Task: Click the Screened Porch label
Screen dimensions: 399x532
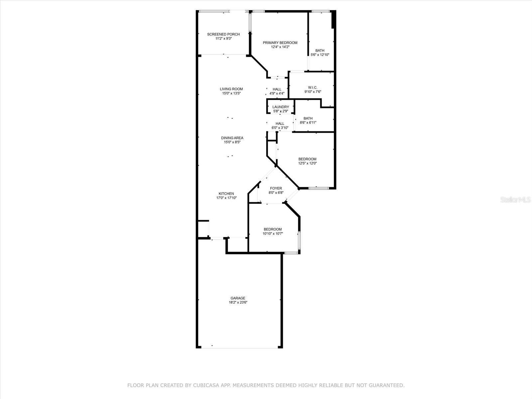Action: [223, 34]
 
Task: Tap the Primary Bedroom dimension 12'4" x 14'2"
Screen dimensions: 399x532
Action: [280, 47]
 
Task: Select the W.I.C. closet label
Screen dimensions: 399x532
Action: [313, 87]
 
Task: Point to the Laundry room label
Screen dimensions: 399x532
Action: [281, 107]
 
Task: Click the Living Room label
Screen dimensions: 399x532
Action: [231, 89]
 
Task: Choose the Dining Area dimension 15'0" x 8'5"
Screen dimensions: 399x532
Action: [232, 142]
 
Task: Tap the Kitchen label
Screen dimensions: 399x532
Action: [226, 194]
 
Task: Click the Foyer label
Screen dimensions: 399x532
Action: [276, 188]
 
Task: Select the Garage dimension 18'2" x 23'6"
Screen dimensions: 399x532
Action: [238, 303]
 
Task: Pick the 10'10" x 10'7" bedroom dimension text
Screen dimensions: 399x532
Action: [272, 233]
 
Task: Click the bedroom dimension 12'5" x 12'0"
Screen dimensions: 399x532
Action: [307, 163]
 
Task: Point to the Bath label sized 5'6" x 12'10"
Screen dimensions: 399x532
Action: [320, 51]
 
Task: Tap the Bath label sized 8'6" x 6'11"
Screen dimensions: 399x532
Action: [308, 118]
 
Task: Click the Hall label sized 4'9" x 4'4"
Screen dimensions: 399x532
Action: [277, 89]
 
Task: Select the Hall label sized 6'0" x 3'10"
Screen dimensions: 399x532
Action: [280, 123]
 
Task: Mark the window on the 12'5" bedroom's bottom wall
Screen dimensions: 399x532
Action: [319, 188]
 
